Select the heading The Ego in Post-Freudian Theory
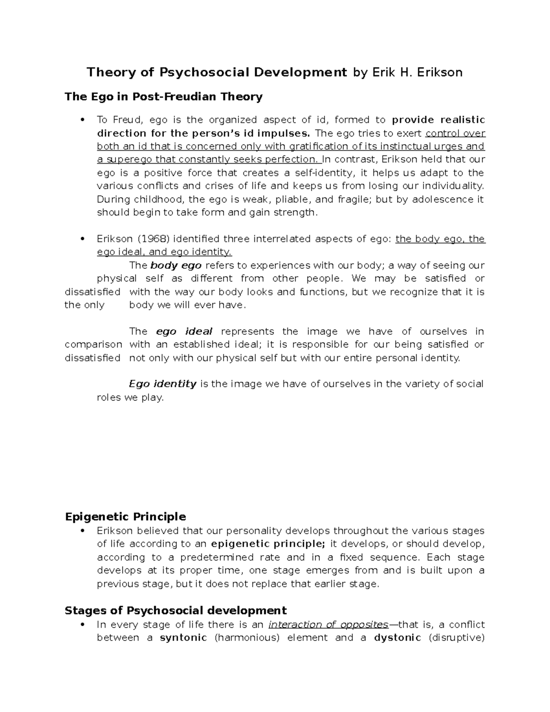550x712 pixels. click(164, 97)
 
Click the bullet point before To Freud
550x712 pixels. click(82, 120)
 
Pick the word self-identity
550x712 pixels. click(323, 173)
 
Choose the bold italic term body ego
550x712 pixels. click(176, 265)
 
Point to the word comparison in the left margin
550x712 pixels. click(93, 345)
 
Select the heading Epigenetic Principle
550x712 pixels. click(125, 517)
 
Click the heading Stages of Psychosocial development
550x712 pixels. click(176, 611)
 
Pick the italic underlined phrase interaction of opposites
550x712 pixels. click(328, 624)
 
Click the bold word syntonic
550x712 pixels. click(183, 638)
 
